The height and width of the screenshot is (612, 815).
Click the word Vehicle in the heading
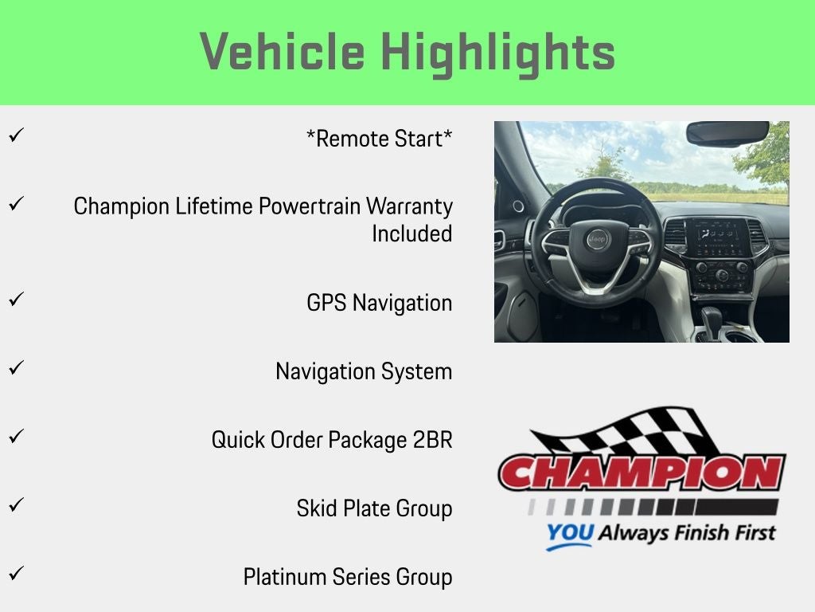pyautogui.click(x=283, y=51)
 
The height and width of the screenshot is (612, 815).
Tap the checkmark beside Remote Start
pyautogui.click(x=16, y=135)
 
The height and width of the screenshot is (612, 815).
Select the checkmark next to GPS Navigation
pyautogui.click(x=16, y=300)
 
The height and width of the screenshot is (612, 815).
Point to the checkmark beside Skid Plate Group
pyautogui.click(x=16, y=504)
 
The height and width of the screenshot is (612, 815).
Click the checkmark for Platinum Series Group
pyautogui.click(x=16, y=574)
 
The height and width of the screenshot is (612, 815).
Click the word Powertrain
pyautogui.click(x=310, y=206)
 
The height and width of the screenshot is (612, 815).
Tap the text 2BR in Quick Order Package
pyautogui.click(x=432, y=440)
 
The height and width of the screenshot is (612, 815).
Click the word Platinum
pyautogui.click(x=285, y=577)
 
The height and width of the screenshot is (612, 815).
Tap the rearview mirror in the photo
pyautogui.click(x=727, y=133)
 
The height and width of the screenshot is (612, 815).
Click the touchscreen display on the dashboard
pyautogui.click(x=718, y=237)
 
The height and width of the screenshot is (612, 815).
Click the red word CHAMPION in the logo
pyautogui.click(x=642, y=473)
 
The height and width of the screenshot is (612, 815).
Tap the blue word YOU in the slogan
pyautogui.click(x=570, y=533)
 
